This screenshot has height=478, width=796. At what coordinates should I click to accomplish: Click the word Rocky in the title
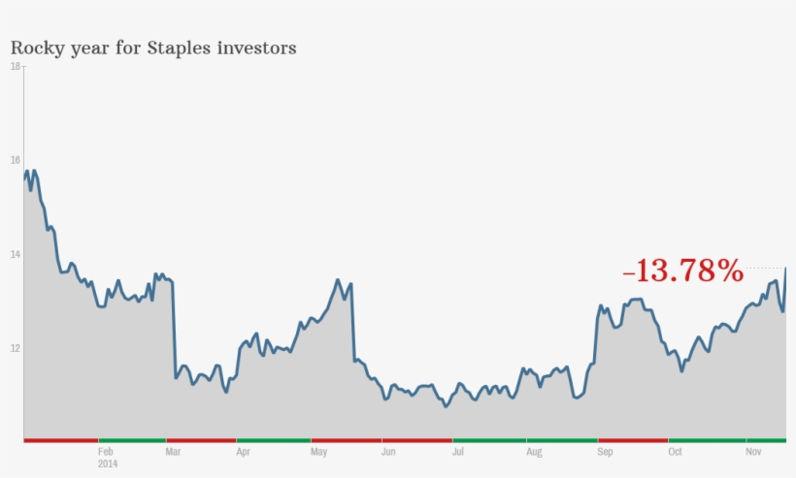point(37,48)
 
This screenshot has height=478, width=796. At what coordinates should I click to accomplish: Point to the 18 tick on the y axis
point(15,66)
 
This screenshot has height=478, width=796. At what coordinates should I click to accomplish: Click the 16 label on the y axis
point(15,160)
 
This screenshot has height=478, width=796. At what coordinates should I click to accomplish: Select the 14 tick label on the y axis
point(15,254)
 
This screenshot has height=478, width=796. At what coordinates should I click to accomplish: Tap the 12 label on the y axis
point(15,348)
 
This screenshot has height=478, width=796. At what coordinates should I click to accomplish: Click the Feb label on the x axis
point(107,452)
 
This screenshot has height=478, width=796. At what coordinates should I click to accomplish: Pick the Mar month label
point(173,452)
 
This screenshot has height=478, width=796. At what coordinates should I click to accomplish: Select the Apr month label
point(243,452)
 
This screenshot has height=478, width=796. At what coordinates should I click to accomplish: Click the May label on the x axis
point(318,452)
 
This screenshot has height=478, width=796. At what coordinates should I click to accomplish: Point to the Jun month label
point(388,452)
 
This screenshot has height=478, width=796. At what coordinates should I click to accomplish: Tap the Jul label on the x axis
point(458,452)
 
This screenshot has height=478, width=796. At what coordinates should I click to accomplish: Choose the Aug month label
point(534,452)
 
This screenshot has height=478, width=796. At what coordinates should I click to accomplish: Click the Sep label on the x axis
point(606,452)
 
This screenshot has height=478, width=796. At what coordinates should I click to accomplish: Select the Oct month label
point(676,452)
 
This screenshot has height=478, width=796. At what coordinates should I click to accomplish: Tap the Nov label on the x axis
point(753,452)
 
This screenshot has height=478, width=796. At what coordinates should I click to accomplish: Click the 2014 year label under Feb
point(108,463)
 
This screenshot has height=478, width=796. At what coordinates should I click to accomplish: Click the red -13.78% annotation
point(682,271)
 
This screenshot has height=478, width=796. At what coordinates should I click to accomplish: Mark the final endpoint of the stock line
point(785,268)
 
